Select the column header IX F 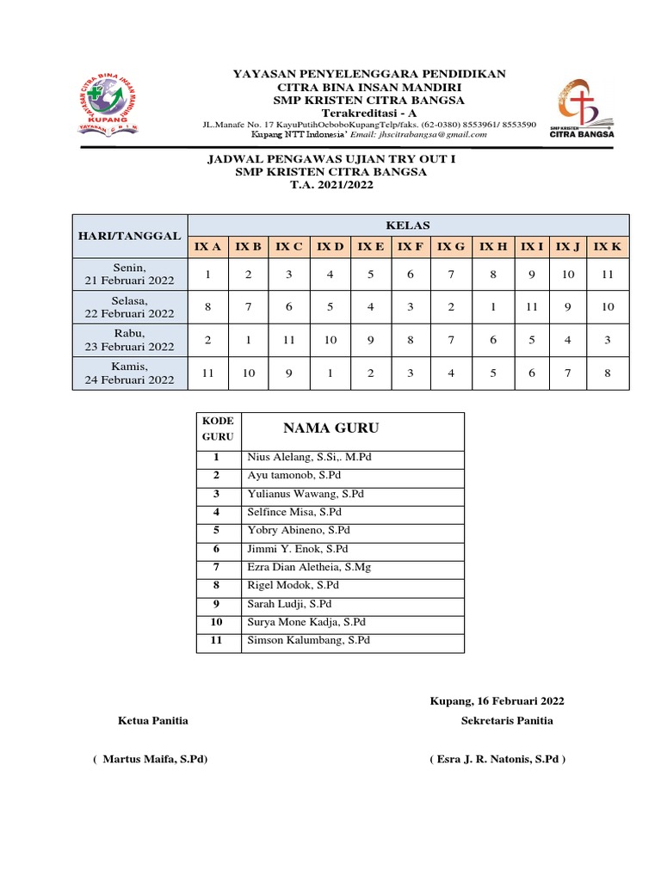[411, 247]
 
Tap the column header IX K [608, 247]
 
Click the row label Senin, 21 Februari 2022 [129, 274]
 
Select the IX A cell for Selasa [207, 307]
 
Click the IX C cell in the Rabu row [288, 340]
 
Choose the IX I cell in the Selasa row [533, 307]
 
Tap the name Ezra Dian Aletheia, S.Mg [309, 567]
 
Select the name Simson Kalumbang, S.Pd [309, 640]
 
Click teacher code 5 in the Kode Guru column [217, 530]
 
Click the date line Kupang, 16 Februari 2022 [497, 701]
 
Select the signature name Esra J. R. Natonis [497, 760]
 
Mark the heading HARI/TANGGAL [129, 236]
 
